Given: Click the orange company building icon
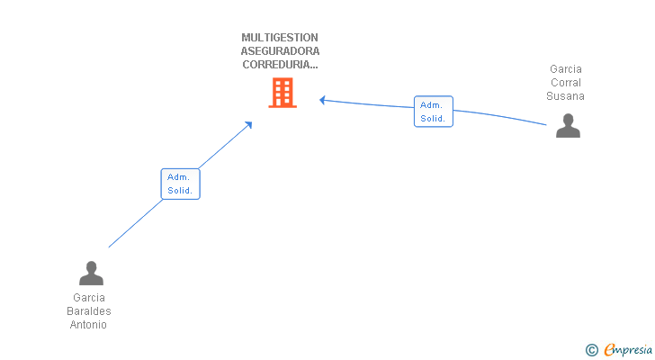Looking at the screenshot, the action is [x=282, y=93].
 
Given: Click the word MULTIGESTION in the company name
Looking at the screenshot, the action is [x=280, y=38].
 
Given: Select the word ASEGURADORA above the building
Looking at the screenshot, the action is [x=280, y=51].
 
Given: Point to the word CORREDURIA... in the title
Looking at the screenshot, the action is [x=280, y=65].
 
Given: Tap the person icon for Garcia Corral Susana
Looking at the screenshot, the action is [x=568, y=126].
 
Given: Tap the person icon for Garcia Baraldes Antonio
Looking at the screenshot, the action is [x=91, y=273].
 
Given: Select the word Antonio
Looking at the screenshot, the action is [x=88, y=325].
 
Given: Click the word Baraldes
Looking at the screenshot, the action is [x=88, y=311].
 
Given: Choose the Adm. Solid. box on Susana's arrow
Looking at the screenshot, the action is [x=434, y=112].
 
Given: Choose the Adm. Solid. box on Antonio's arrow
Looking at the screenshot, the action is [x=180, y=184].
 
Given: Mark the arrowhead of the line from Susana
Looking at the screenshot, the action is [x=322, y=100].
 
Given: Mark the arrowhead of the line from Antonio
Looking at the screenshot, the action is [x=249, y=123].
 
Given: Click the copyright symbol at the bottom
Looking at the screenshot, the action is [x=591, y=350].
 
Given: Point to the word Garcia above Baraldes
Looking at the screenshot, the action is [x=88, y=298].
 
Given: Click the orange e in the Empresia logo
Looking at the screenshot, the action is [x=609, y=350].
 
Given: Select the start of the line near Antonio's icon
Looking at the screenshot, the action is [x=110, y=246].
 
